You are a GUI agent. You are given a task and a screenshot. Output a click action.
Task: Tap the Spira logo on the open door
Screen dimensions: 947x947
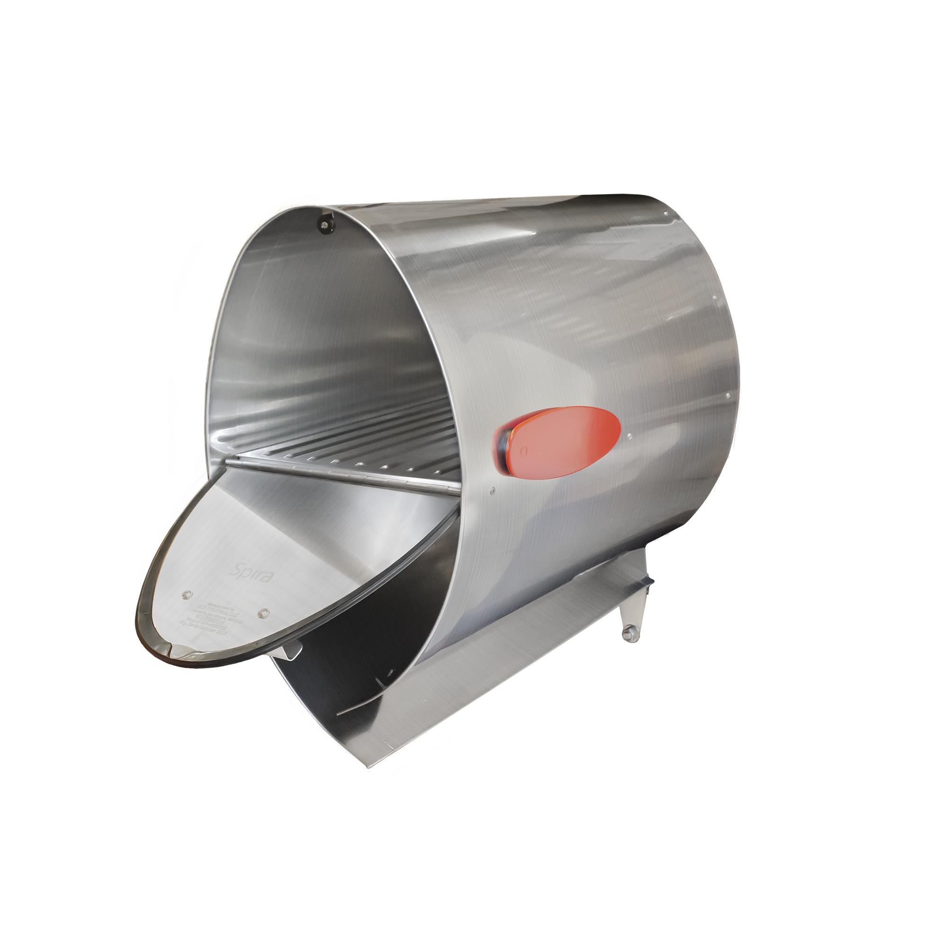[251, 572]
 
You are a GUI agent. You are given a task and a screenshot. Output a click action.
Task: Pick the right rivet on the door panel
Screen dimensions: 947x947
[264, 612]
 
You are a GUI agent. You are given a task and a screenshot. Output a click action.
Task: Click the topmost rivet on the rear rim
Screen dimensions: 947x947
[665, 214]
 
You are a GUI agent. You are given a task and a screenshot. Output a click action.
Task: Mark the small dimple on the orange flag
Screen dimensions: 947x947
[525, 449]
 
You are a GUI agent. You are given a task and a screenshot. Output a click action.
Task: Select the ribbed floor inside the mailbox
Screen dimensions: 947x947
[353, 446]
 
